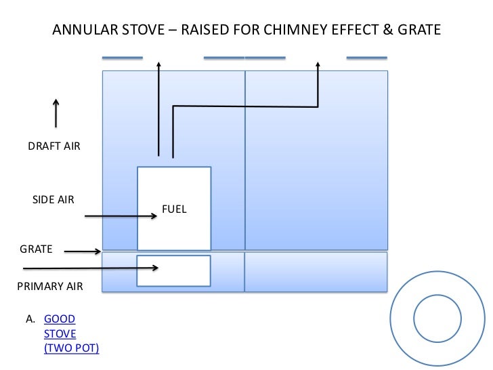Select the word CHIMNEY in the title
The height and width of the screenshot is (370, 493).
click(x=297, y=30)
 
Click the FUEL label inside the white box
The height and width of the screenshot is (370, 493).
click(x=174, y=209)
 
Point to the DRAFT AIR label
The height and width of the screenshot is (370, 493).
click(x=53, y=146)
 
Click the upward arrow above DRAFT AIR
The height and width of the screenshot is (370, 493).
click(x=56, y=113)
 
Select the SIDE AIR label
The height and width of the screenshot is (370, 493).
click(x=53, y=200)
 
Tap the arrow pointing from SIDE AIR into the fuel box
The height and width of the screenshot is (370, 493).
click(x=122, y=217)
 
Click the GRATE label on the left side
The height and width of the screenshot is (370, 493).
click(x=35, y=249)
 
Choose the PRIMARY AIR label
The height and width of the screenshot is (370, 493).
click(x=49, y=287)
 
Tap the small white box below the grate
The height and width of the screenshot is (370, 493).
click(x=174, y=271)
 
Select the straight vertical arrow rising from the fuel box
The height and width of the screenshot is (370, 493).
click(x=159, y=108)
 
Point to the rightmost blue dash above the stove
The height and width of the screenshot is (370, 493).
click(x=368, y=57)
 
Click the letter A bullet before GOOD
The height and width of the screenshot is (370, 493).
click(x=30, y=319)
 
